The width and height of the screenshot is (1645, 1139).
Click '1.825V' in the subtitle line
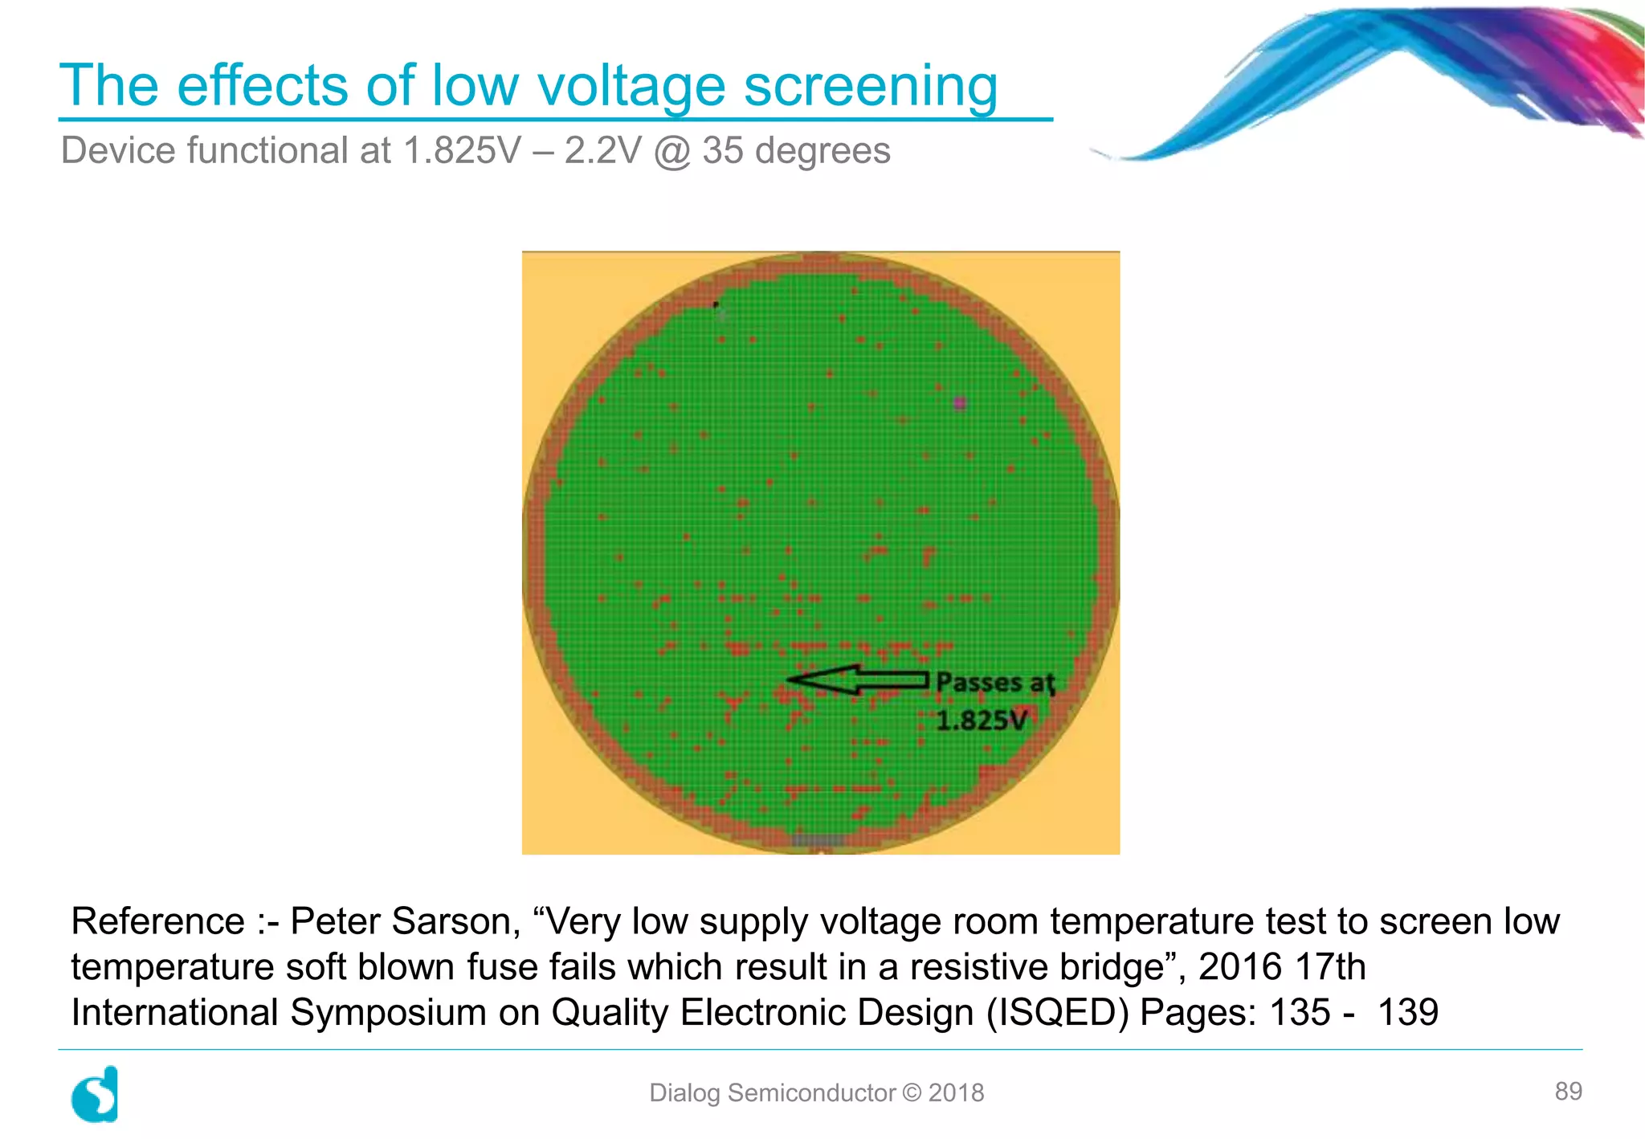pyautogui.click(x=462, y=150)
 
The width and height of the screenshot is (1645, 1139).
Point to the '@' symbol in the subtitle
pyautogui.click(x=672, y=151)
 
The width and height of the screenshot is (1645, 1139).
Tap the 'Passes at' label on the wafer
pyautogui.click(x=995, y=683)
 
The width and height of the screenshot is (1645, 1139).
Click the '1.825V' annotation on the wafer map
pyautogui.click(x=982, y=721)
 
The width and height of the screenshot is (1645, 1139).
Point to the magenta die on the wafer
pyautogui.click(x=959, y=402)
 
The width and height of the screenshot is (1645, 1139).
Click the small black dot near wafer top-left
pyautogui.click(x=716, y=304)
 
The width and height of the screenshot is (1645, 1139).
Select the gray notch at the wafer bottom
pyautogui.click(x=818, y=840)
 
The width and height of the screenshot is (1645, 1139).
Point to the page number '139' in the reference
pyautogui.click(x=1407, y=1012)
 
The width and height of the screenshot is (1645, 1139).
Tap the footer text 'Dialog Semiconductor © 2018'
pyautogui.click(x=816, y=1092)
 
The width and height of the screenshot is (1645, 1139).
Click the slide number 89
pyautogui.click(x=1568, y=1091)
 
